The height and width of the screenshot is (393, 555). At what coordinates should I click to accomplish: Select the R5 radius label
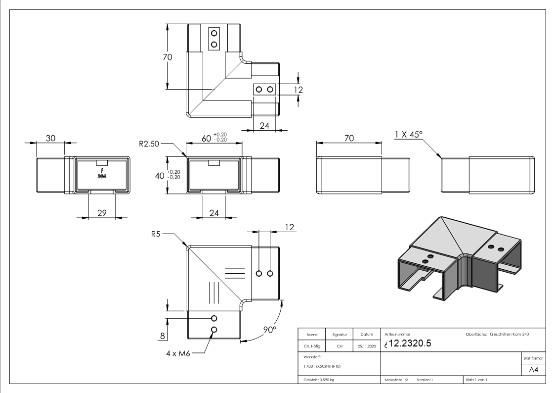click(156, 234)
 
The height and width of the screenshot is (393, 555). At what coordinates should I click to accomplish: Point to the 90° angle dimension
click(270, 330)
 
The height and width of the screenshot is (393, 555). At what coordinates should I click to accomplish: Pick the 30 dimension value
click(50, 138)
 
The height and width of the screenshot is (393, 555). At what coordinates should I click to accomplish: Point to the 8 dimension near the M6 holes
click(161, 337)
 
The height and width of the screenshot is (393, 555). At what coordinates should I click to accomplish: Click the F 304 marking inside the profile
click(101, 173)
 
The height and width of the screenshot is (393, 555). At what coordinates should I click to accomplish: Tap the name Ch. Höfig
click(312, 346)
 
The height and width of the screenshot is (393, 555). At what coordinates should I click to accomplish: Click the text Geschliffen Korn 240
click(510, 335)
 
